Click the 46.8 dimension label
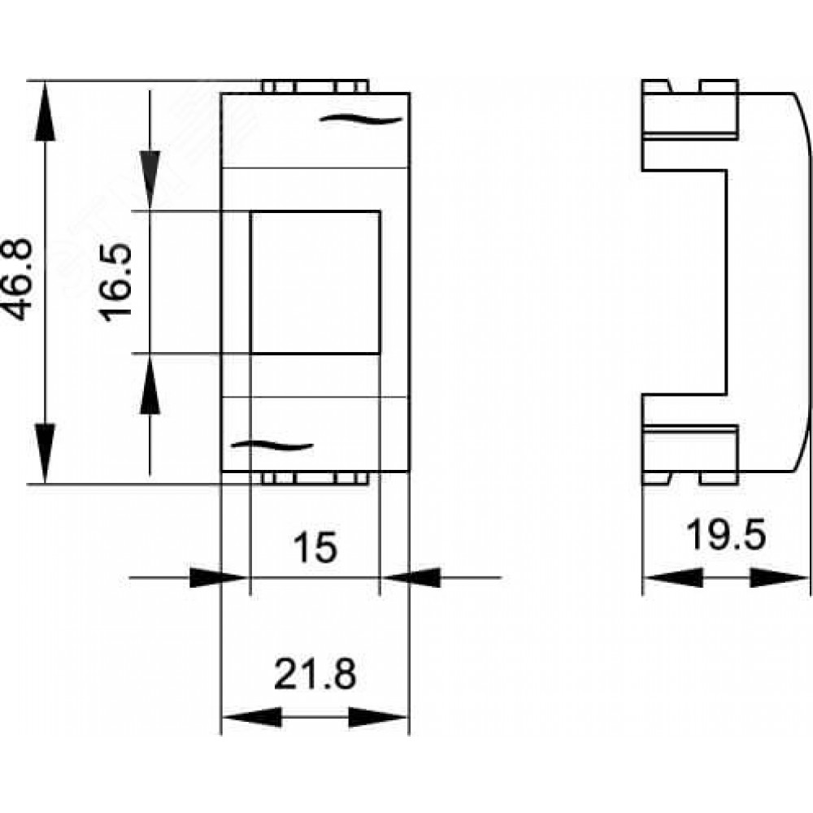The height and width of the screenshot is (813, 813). pyautogui.click(x=18, y=279)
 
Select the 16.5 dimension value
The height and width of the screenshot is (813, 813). pyautogui.click(x=115, y=283)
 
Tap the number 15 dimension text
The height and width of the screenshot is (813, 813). pyautogui.click(x=315, y=548)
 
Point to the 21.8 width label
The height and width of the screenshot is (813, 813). pyautogui.click(x=315, y=673)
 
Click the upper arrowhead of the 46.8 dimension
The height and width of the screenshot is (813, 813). pyautogui.click(x=45, y=111)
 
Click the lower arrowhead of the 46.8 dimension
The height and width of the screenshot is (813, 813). pyautogui.click(x=45, y=453)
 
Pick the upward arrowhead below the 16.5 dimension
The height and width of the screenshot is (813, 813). pyautogui.click(x=150, y=385)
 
